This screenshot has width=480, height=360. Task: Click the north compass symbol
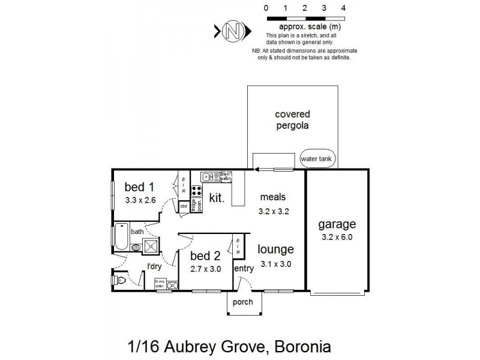232,31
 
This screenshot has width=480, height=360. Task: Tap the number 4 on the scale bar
343,8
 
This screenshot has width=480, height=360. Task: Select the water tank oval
318,159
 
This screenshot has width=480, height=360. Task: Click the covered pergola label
292,120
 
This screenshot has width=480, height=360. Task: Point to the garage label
337,224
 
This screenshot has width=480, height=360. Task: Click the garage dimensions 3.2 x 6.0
337,236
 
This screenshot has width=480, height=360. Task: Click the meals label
273,197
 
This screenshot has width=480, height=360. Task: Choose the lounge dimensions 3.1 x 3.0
275,263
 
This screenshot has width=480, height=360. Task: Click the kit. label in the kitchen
217,197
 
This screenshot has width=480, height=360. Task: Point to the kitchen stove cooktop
196,191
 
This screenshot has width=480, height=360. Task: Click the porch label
243,302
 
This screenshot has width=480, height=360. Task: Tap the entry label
243,269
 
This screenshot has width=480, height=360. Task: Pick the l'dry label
155,266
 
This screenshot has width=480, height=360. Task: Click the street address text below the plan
229,347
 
